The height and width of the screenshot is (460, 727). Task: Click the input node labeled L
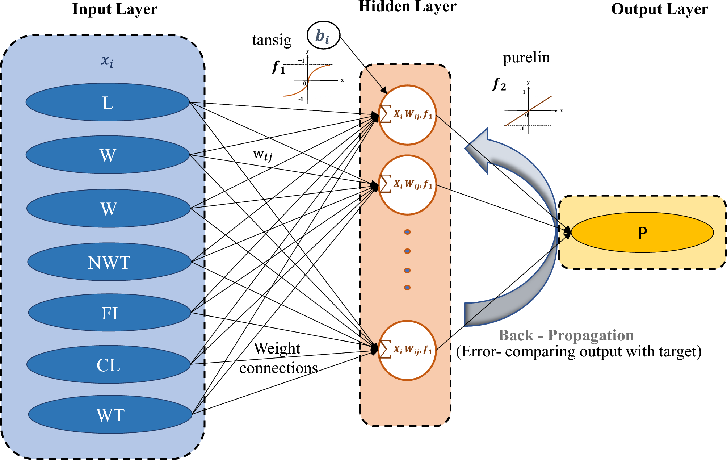tap(108, 103)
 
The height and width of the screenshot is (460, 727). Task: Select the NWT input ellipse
tap(109, 262)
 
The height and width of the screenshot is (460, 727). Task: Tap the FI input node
tap(109, 313)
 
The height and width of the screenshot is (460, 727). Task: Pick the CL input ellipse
tap(108, 364)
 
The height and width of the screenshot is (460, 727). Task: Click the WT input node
tap(110, 414)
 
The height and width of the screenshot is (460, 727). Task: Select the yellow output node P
tap(642, 233)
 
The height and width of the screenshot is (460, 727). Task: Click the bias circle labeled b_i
tap(323, 35)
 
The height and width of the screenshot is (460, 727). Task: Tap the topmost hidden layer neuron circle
tap(407, 115)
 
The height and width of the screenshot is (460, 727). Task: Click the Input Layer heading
tap(115, 9)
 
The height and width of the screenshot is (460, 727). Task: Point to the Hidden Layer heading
tap(407, 7)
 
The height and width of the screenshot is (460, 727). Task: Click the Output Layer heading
tap(659, 9)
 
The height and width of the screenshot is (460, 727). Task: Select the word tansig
tap(272, 40)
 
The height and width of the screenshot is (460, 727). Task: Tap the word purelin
tap(526, 57)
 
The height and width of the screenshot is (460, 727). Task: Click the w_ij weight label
tap(262, 155)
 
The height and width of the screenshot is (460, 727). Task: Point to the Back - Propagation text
tap(566, 335)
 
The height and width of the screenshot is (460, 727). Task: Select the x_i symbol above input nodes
tap(107, 61)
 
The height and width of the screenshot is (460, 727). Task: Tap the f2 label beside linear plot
tap(500, 85)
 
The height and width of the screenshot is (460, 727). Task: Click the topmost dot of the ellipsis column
tap(407, 232)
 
